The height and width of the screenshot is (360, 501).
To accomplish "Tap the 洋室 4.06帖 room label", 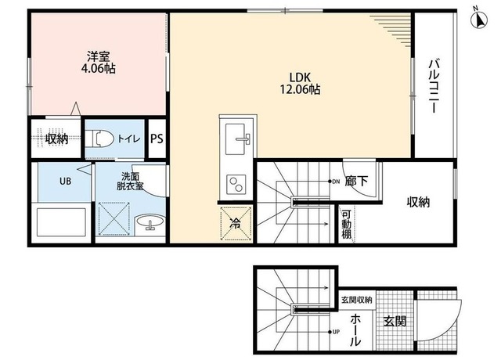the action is click(x=98, y=63).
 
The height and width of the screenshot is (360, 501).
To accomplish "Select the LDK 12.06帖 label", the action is click(x=300, y=84).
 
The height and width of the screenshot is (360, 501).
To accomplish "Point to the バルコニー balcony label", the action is click(x=434, y=86).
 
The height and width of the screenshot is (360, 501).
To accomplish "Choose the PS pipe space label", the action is click(x=157, y=139).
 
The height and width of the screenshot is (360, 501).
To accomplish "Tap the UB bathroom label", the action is click(x=65, y=182).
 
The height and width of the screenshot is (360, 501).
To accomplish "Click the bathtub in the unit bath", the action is click(x=61, y=222).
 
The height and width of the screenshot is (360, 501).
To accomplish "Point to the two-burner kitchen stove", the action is click(x=236, y=185).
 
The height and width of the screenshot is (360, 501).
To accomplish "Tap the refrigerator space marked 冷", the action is click(x=236, y=223).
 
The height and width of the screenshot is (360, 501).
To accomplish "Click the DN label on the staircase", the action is click(x=336, y=182).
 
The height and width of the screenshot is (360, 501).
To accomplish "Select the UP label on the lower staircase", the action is click(x=336, y=332).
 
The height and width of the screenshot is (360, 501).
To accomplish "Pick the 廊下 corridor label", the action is click(x=356, y=181).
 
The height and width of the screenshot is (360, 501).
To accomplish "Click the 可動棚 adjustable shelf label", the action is click(x=346, y=224).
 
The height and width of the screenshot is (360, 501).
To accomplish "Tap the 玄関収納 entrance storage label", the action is click(x=357, y=300).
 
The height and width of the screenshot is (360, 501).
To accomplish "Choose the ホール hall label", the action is click(x=355, y=330).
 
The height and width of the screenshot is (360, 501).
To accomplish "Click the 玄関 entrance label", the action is click(x=395, y=321).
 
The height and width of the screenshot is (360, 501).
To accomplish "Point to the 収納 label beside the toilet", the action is click(x=56, y=139).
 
